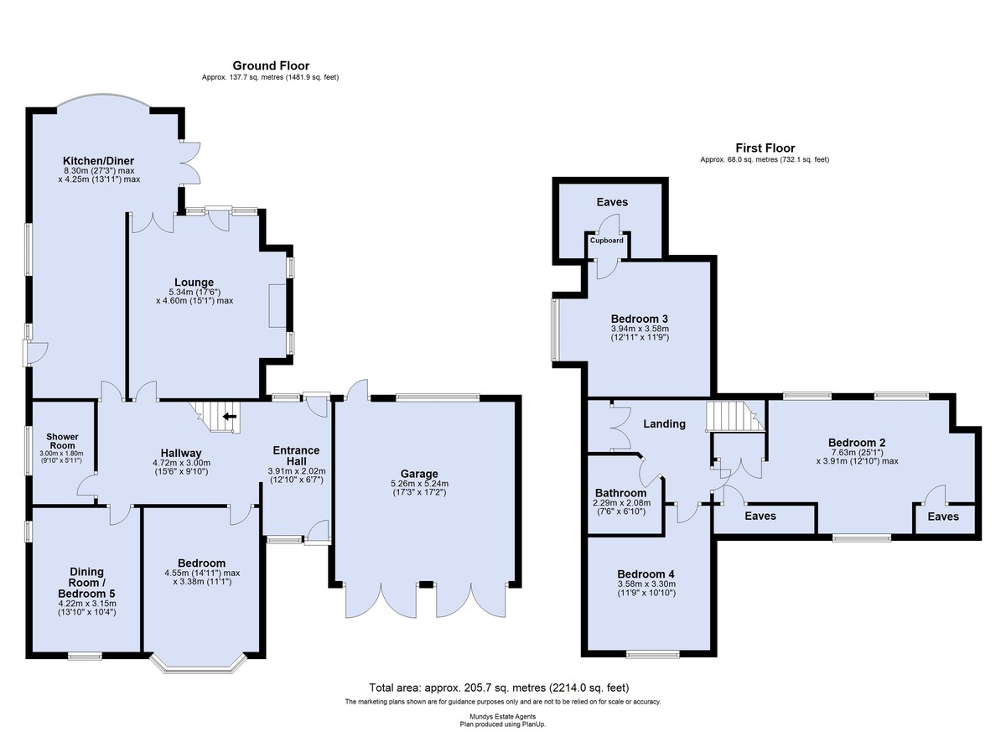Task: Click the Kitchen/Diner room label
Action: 98,161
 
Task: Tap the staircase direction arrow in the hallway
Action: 230,417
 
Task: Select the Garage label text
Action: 419,474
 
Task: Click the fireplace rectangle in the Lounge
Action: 277,305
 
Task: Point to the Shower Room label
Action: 62,441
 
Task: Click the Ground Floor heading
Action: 271,66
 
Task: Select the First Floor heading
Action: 765,148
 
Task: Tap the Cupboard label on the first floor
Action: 606,241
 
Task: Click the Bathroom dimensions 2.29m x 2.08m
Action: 621,503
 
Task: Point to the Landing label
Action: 664,424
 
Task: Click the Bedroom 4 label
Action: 646,574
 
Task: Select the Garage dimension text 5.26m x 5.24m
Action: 419,484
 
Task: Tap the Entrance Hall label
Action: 297,456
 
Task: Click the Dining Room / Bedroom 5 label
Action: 86,583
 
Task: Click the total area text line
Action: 499,688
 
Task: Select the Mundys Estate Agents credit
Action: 502,717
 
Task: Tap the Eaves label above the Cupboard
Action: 612,202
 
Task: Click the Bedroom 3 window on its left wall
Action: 555,330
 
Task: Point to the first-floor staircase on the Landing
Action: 735,416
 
